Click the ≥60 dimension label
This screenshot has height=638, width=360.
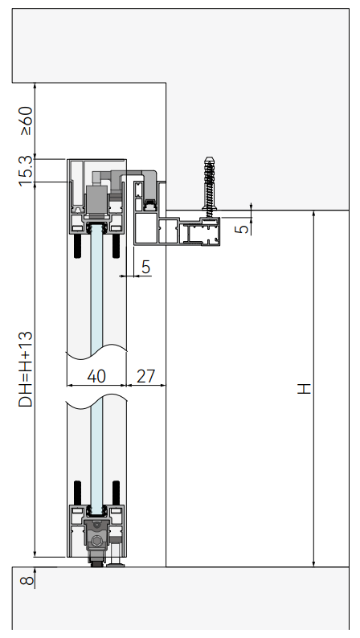[26, 121]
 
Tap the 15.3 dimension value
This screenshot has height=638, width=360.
[26, 171]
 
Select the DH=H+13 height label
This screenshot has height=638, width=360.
[26, 369]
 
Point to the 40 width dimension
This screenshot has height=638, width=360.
[96, 376]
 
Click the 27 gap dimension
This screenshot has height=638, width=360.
[145, 376]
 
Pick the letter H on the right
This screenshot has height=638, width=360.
[304, 388]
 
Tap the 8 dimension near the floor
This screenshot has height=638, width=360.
[27, 579]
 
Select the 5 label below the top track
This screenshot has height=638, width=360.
[145, 267]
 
